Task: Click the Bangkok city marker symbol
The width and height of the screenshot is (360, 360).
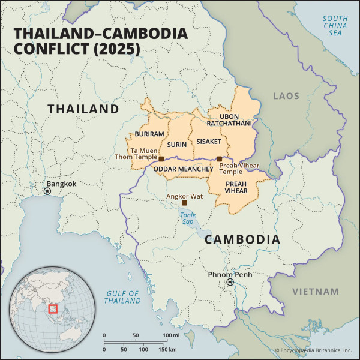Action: (47, 191)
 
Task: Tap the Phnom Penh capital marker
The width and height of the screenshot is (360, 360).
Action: (229, 282)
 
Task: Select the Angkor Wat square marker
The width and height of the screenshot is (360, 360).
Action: (184, 203)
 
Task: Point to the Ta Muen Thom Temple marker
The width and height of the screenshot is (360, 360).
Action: (161, 159)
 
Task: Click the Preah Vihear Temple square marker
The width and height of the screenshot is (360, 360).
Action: (219, 159)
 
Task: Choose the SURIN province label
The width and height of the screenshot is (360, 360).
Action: (177, 145)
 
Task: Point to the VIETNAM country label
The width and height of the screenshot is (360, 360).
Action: (315, 292)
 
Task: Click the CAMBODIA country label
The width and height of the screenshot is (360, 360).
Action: (242, 239)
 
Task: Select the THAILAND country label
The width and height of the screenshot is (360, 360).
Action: (83, 109)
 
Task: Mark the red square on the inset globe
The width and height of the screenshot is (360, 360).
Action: (52, 308)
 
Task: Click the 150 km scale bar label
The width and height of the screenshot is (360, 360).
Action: (167, 349)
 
